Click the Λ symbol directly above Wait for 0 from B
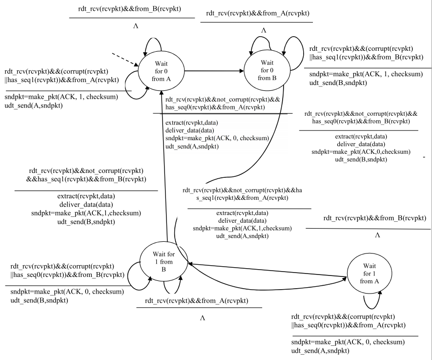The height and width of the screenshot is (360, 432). pyautogui.click(x=264, y=30)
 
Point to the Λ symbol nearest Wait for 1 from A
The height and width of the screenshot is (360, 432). pyautogui.click(x=377, y=235)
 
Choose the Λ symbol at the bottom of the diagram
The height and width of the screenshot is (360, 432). pyautogui.click(x=202, y=318)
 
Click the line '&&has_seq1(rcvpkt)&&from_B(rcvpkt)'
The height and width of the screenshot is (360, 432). pyautogui.click(x=86, y=180)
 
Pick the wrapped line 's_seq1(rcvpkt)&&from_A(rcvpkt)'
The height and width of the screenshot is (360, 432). pyautogui.click(x=249, y=198)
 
